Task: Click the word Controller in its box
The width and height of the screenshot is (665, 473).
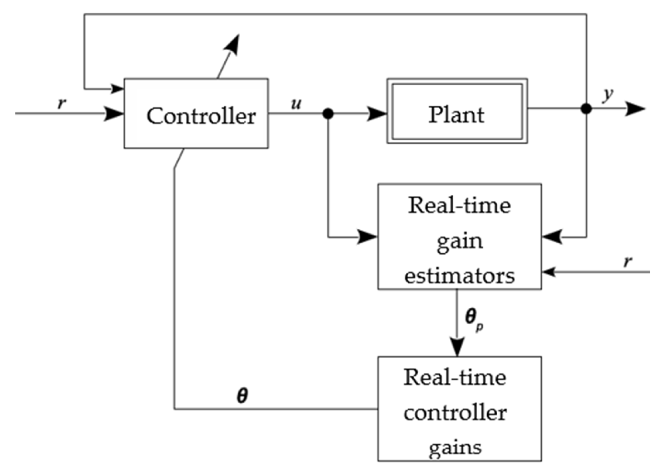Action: (201, 116)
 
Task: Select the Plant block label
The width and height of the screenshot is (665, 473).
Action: (456, 115)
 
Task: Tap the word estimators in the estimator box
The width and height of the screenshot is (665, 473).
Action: (459, 276)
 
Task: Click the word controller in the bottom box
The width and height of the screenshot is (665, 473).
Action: (455, 413)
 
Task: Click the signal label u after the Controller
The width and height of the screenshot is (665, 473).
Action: (296, 104)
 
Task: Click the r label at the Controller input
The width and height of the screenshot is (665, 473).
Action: (62, 103)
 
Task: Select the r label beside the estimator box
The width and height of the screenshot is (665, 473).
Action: (628, 262)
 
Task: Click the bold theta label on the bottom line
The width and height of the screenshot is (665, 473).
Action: (242, 396)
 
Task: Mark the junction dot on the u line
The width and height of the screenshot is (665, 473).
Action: (328, 114)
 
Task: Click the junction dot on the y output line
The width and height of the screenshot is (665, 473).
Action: (586, 109)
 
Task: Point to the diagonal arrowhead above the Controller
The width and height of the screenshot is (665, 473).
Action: (233, 44)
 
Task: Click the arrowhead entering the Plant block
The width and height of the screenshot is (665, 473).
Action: (377, 114)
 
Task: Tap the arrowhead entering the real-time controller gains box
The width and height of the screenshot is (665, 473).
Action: (457, 347)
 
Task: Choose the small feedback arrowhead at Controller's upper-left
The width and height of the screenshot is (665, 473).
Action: (118, 89)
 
